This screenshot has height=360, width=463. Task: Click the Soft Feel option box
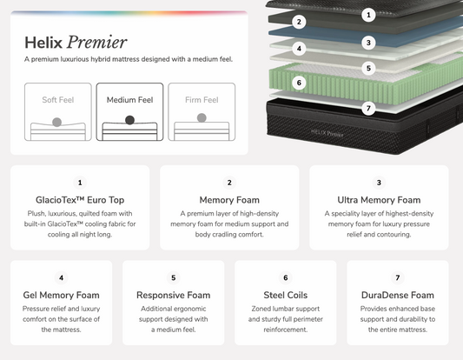pos(58,111)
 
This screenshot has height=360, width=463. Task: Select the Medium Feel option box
pos(129,111)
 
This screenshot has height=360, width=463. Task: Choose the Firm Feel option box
pos(202,111)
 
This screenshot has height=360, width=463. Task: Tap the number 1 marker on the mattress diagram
pos(368,15)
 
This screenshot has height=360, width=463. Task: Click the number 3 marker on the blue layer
pos(368,43)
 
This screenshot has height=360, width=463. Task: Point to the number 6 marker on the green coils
pos(299,83)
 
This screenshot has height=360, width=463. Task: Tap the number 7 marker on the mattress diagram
pos(368,108)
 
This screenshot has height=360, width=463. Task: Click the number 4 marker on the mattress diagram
pos(299,49)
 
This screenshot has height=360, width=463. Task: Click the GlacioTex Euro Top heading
pos(80,200)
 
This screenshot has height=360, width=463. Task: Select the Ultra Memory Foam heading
pos(379,200)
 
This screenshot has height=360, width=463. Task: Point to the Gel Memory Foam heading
pos(61,296)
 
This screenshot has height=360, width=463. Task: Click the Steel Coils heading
pos(286,296)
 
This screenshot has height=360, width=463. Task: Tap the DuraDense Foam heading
pos(398,296)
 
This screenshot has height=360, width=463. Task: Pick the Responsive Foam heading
pos(174,296)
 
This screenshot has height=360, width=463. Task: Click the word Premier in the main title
pos(96,42)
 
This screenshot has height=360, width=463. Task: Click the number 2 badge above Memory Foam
pos(229,183)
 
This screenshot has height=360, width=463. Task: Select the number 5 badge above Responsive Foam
pos(174,278)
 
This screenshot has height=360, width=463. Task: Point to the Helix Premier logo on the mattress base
pos(327,134)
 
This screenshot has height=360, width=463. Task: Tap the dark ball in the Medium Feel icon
pos(129,120)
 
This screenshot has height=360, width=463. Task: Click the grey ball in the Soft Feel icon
pos(57,122)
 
